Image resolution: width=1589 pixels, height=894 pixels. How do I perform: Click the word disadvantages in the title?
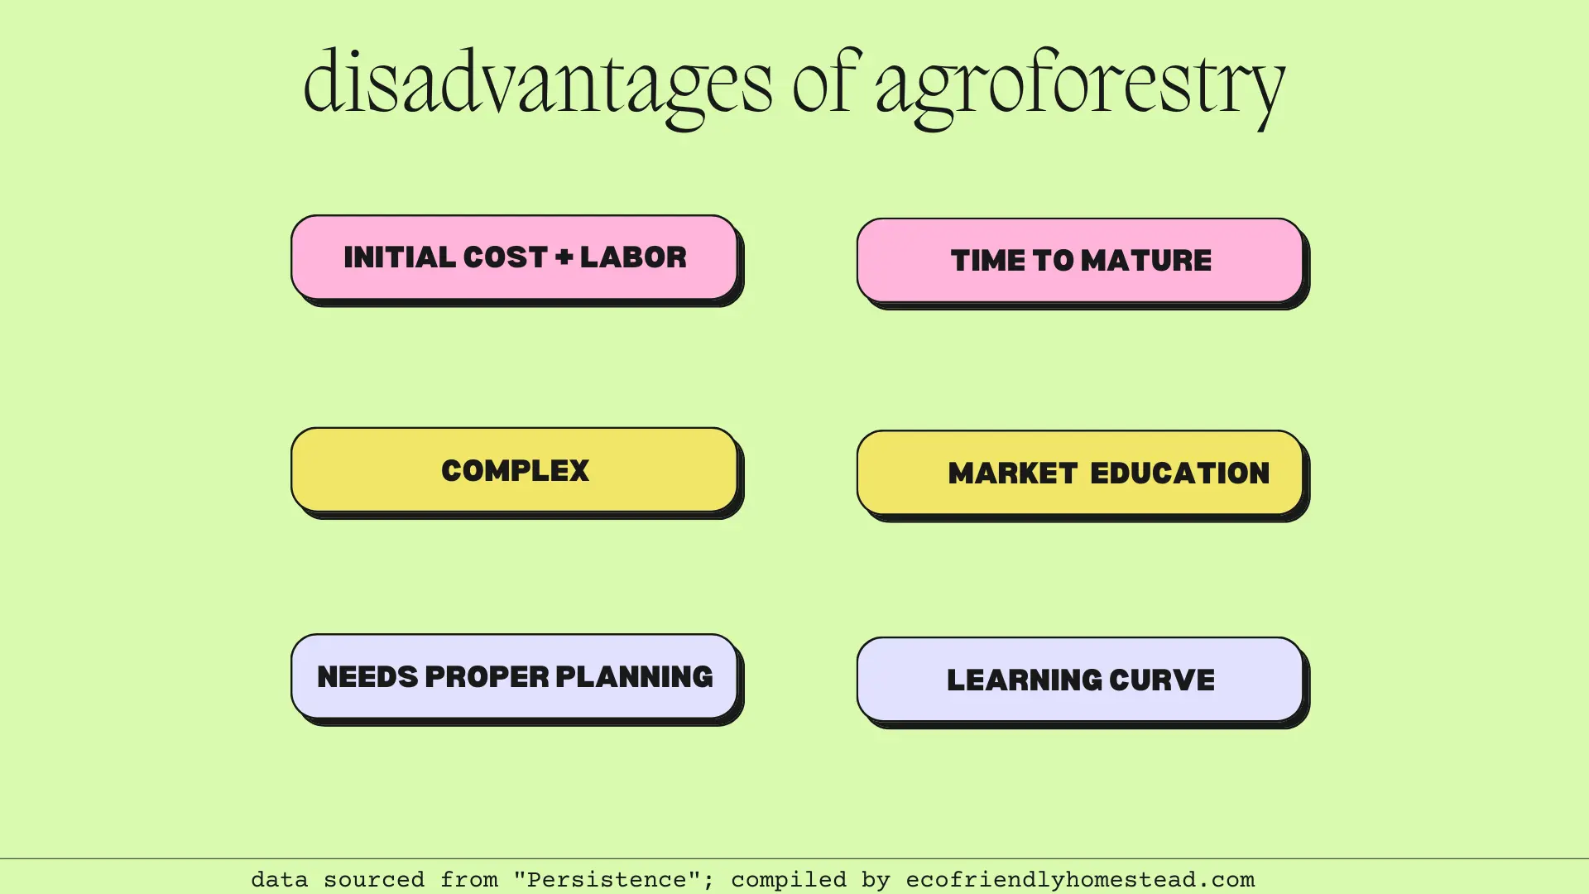pos(538,83)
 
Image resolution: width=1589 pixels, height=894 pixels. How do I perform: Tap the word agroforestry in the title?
pos(1080,83)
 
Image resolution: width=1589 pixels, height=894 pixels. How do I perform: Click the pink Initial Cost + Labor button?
pos(514,257)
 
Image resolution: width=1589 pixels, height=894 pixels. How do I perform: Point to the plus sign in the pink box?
pos(564,257)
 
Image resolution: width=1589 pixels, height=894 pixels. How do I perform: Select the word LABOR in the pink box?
pos(633,257)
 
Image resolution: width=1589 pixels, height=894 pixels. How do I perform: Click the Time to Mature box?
pos(1080,261)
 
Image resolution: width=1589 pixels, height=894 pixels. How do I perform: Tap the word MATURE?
pos(1146,261)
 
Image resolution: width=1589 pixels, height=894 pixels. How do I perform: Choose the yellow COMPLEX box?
pos(514,470)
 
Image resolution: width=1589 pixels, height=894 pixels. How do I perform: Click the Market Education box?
pos(1080,473)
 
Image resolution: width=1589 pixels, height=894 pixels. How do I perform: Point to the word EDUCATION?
pos(1179,473)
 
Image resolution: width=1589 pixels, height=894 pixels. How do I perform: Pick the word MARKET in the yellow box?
pos(1013,473)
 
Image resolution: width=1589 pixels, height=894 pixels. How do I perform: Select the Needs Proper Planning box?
pos(514,676)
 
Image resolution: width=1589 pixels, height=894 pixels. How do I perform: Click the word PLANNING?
pos(634,676)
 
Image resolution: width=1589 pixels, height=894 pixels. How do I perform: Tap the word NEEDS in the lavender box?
pos(367,676)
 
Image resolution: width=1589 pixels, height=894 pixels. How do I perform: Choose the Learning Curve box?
pos(1080,680)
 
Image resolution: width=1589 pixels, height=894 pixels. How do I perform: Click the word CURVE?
pos(1162,680)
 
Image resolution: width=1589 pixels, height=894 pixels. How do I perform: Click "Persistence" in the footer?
pos(607,879)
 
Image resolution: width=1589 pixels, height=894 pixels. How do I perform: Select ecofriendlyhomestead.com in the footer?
pos(1080,879)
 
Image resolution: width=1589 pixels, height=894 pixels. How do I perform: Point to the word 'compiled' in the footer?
pos(789,879)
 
